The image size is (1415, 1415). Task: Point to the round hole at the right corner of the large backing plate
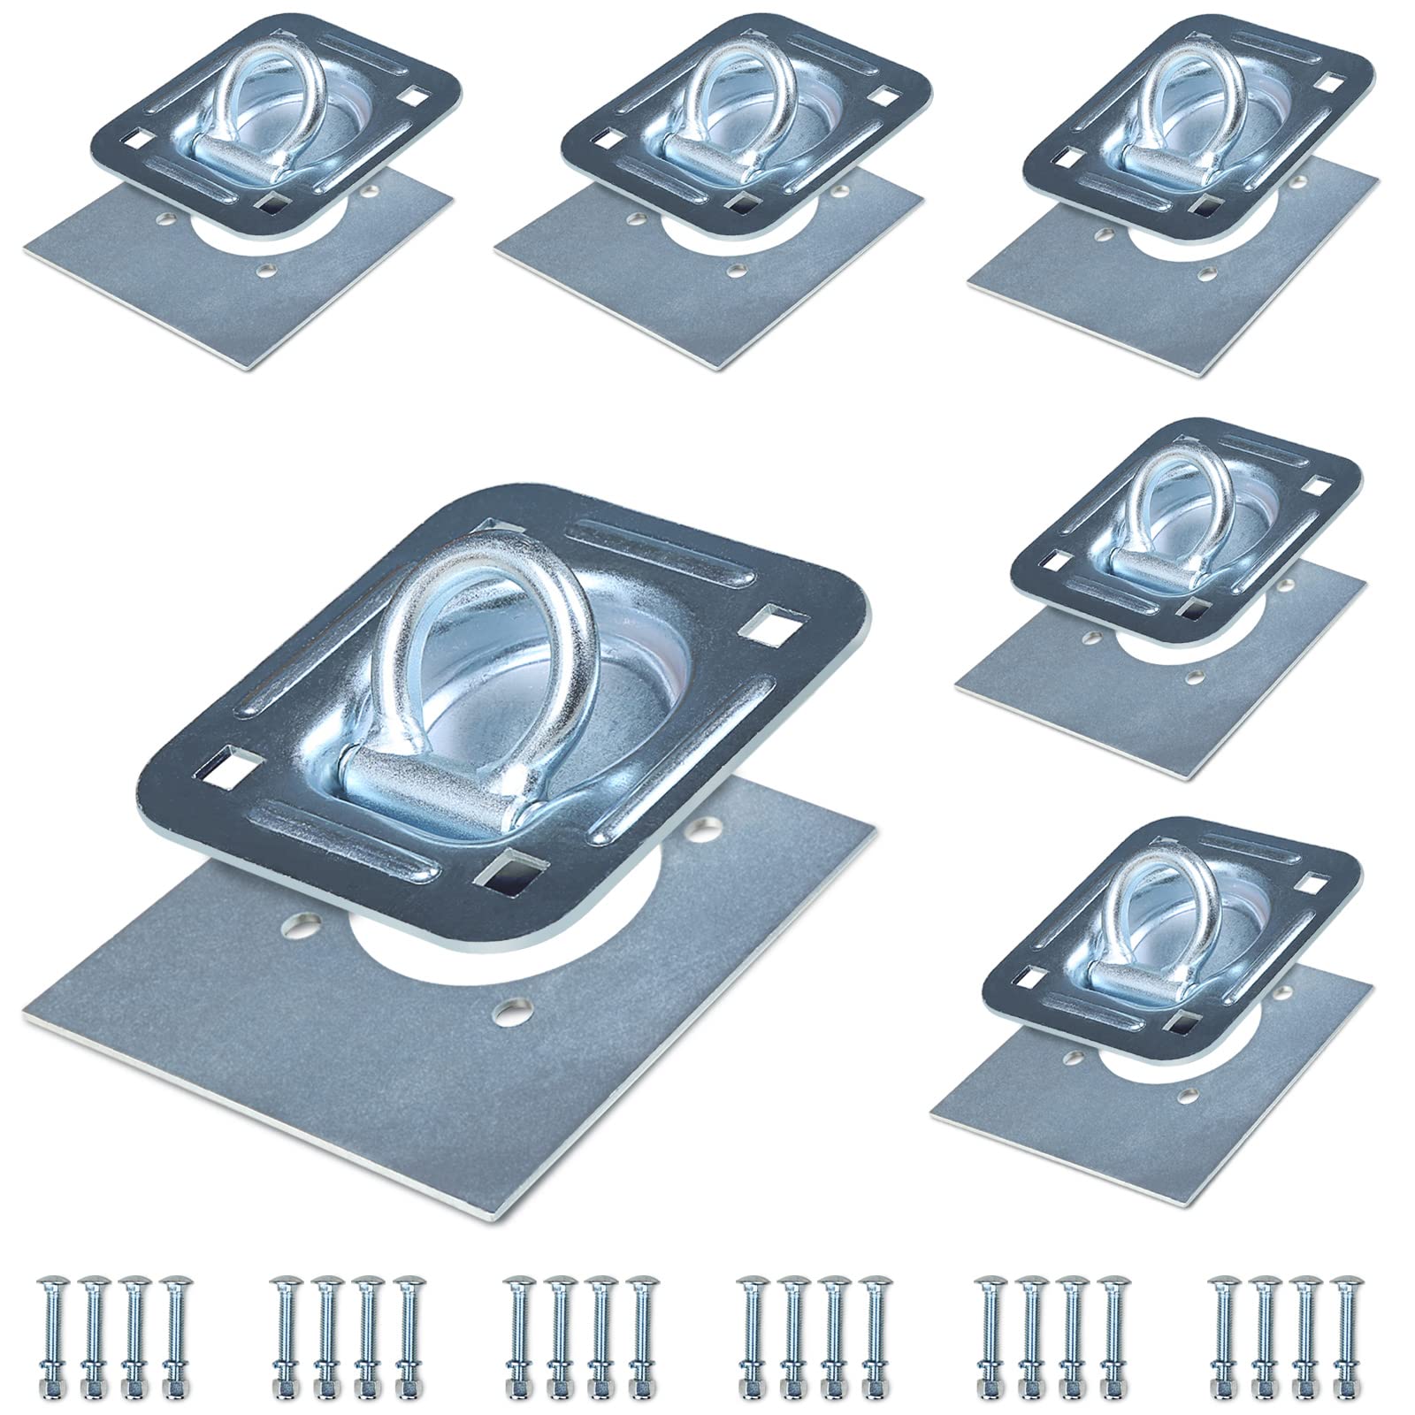(x=705, y=831)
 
